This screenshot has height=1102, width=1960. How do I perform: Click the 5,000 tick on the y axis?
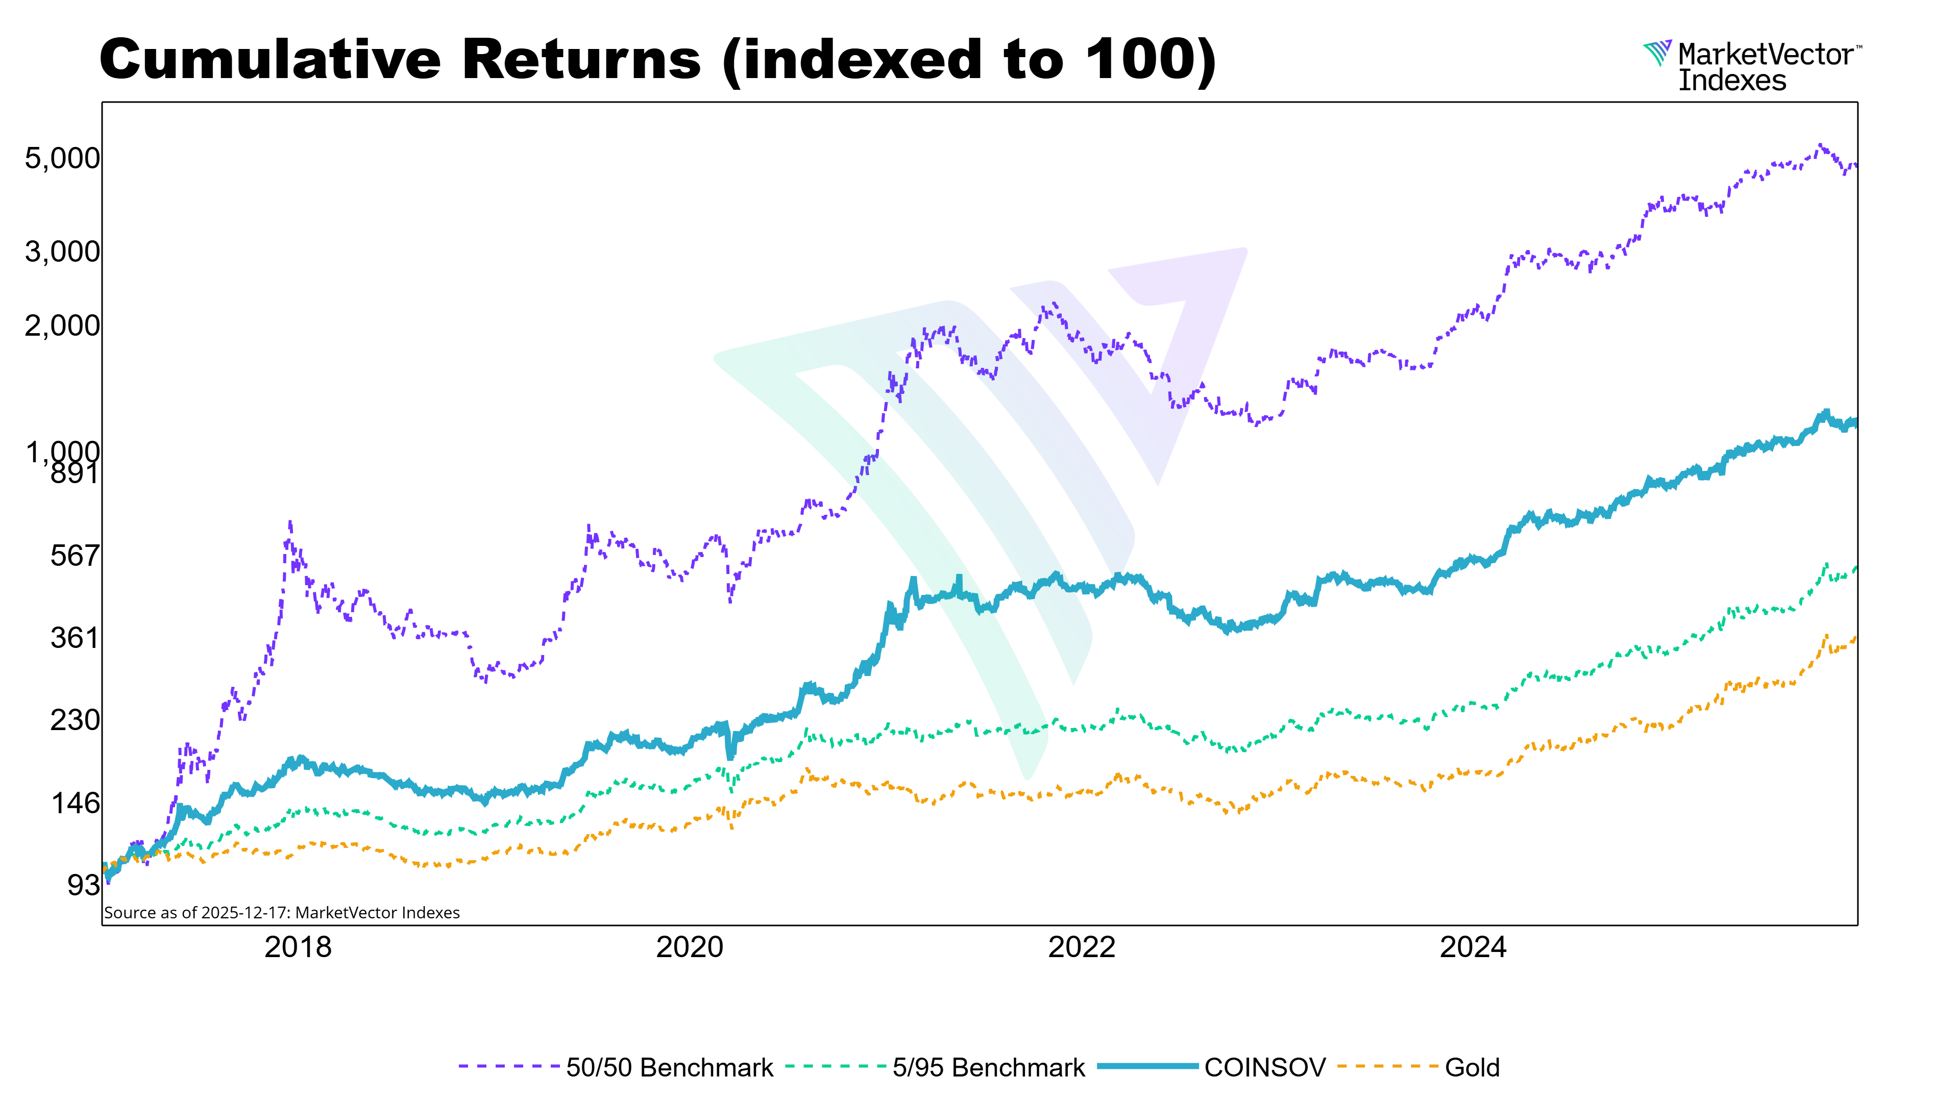[x=62, y=159]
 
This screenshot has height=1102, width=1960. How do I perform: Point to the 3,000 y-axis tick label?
[x=62, y=252]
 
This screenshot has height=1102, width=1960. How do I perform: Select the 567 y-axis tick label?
[x=75, y=556]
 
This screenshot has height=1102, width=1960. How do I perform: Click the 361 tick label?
[x=75, y=637]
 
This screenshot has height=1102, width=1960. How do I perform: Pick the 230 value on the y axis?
[x=75, y=719]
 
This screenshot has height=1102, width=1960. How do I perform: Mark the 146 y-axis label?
[x=75, y=803]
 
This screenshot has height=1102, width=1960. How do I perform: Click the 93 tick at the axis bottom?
[x=83, y=885]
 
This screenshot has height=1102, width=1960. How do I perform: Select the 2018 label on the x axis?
[x=298, y=947]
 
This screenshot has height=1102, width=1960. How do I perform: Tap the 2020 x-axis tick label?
[x=690, y=947]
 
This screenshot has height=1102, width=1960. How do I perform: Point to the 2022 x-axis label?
[x=1081, y=947]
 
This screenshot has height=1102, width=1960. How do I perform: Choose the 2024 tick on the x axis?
[x=1473, y=947]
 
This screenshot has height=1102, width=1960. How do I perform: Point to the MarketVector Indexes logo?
[x=1750, y=67]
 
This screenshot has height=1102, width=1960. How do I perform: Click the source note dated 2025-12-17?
[x=282, y=913]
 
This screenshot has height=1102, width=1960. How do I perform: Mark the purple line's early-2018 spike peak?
[x=290, y=523]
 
